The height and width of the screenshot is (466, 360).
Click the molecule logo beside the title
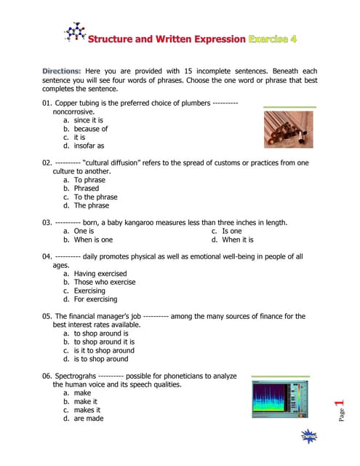coord(73,32)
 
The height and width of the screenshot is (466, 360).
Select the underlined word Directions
coord(62,71)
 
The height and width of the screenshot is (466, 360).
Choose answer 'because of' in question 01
coord(90,129)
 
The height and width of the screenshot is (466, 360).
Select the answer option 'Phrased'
coord(86,188)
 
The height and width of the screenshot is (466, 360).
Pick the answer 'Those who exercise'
coord(104,282)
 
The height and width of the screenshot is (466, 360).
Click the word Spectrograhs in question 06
coord(76,376)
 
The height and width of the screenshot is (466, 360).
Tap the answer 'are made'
coord(88,418)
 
